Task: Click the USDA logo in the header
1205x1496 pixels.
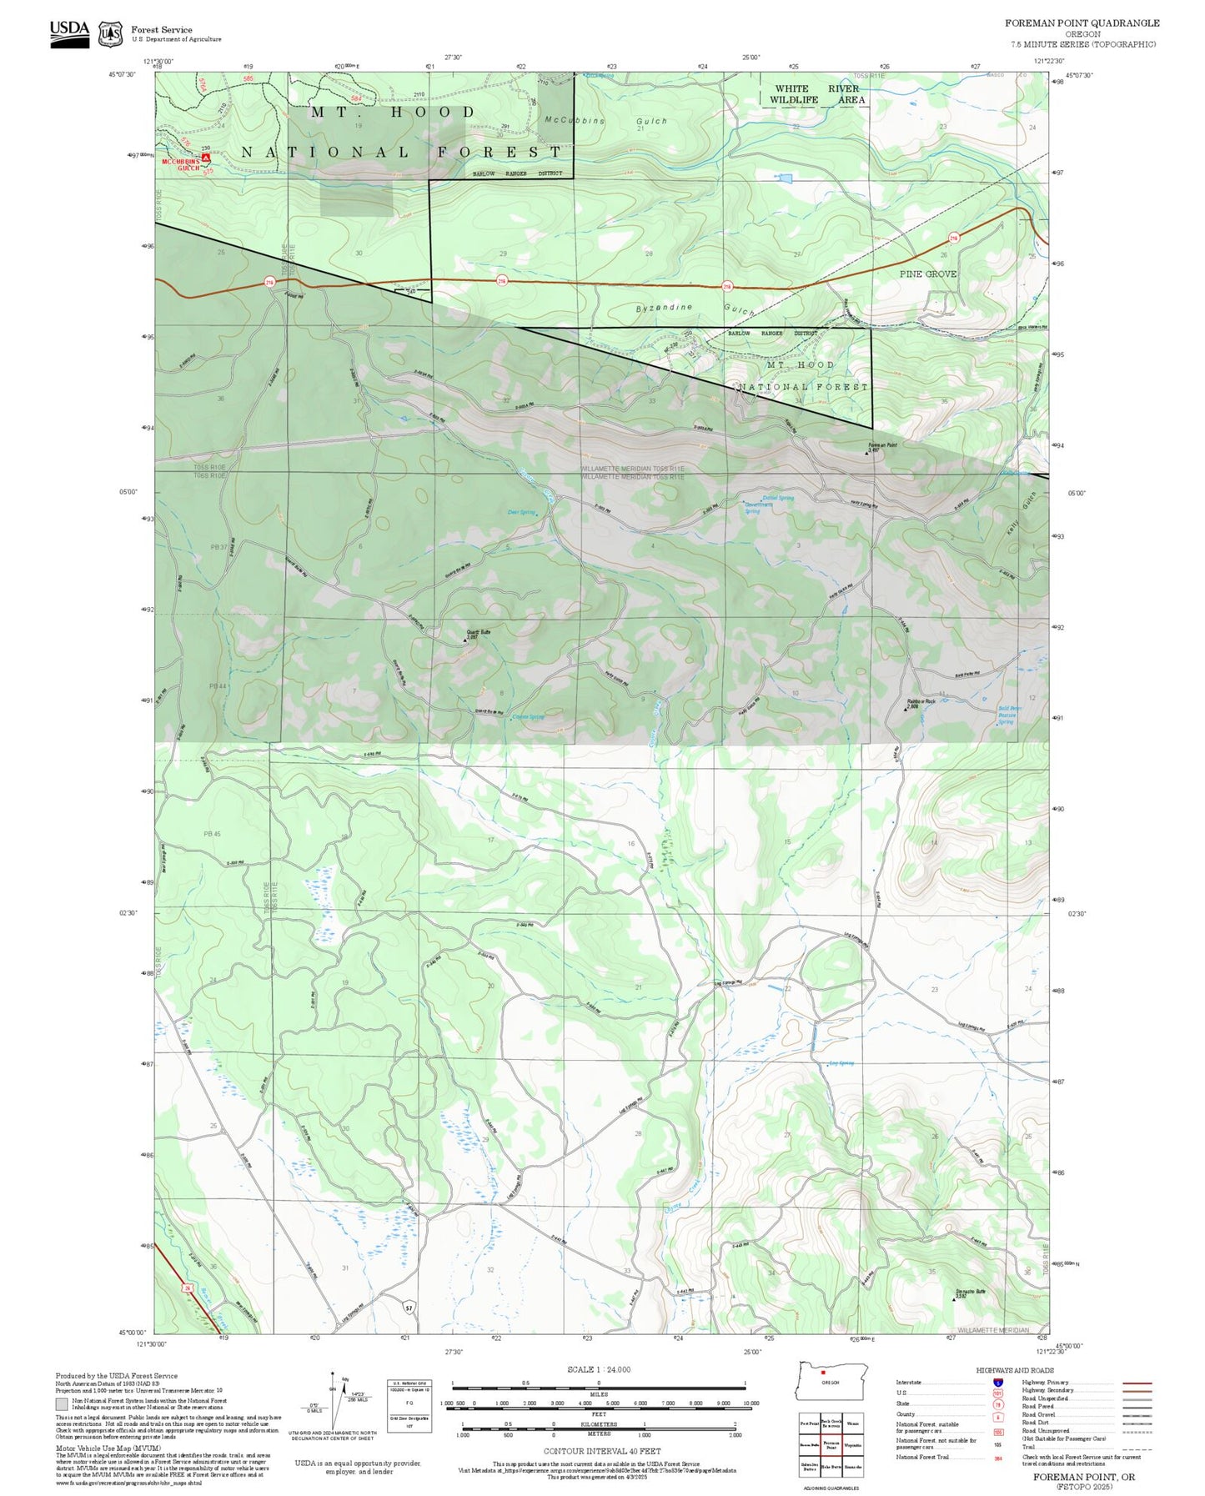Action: coord(69,33)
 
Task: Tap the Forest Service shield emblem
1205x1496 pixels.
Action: coord(110,34)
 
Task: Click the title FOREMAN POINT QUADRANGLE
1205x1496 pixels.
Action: coord(1082,23)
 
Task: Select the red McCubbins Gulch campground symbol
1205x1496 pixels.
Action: coord(206,156)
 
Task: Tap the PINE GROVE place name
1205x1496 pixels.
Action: coord(927,274)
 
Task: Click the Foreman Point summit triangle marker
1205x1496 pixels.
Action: coord(867,454)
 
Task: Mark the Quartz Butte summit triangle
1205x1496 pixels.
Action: coord(465,640)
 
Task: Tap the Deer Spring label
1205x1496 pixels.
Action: coord(521,512)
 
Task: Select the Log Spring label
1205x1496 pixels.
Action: coord(841,1063)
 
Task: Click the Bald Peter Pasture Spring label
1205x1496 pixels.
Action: coord(1009,715)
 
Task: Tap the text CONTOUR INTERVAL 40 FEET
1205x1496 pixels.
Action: coord(601,1452)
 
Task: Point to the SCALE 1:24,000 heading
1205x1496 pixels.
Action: coord(599,1370)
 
